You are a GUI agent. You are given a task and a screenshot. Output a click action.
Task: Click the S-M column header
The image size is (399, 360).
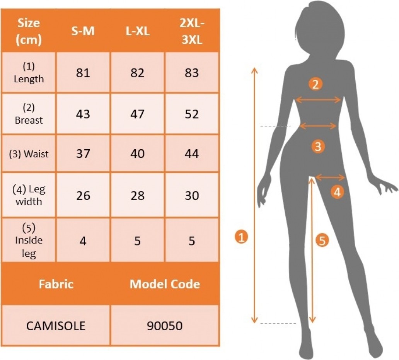coord(83,31)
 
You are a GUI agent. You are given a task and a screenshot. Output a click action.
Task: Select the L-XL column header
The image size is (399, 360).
coord(137,31)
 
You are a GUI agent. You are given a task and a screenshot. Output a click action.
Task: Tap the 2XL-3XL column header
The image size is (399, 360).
coord(192,31)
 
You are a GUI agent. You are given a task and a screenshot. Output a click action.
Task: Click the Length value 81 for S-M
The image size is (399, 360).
coord(83,73)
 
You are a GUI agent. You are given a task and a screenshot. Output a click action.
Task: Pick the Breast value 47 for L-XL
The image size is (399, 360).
coord(137,114)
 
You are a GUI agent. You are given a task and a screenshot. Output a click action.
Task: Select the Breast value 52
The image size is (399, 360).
coord(192,114)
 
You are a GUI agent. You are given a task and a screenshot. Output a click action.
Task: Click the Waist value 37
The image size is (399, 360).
coord(83,154)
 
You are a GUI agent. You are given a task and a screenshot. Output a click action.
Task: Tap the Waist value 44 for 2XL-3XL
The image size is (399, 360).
coord(192,154)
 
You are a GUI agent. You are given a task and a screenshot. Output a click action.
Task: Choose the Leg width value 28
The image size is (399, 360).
coord(137,195)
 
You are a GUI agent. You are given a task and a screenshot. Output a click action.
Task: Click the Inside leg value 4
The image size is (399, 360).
coord(83,241)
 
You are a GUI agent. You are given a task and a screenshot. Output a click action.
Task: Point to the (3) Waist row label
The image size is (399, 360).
coord(29,154)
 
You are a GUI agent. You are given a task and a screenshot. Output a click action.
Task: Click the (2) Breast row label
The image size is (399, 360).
coord(29,114)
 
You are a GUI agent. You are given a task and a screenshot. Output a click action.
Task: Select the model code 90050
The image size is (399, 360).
coord(165,326)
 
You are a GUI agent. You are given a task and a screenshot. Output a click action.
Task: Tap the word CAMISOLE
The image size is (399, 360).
coord(56,326)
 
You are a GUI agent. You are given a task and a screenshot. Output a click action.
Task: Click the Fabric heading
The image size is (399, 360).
coord(56,284)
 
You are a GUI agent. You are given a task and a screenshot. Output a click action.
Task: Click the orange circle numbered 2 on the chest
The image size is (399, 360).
coord(315,84)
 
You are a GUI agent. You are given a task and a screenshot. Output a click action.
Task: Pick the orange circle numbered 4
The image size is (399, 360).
coord(337,192)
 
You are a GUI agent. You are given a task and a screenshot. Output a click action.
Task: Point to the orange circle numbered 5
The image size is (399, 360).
coord(322,240)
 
